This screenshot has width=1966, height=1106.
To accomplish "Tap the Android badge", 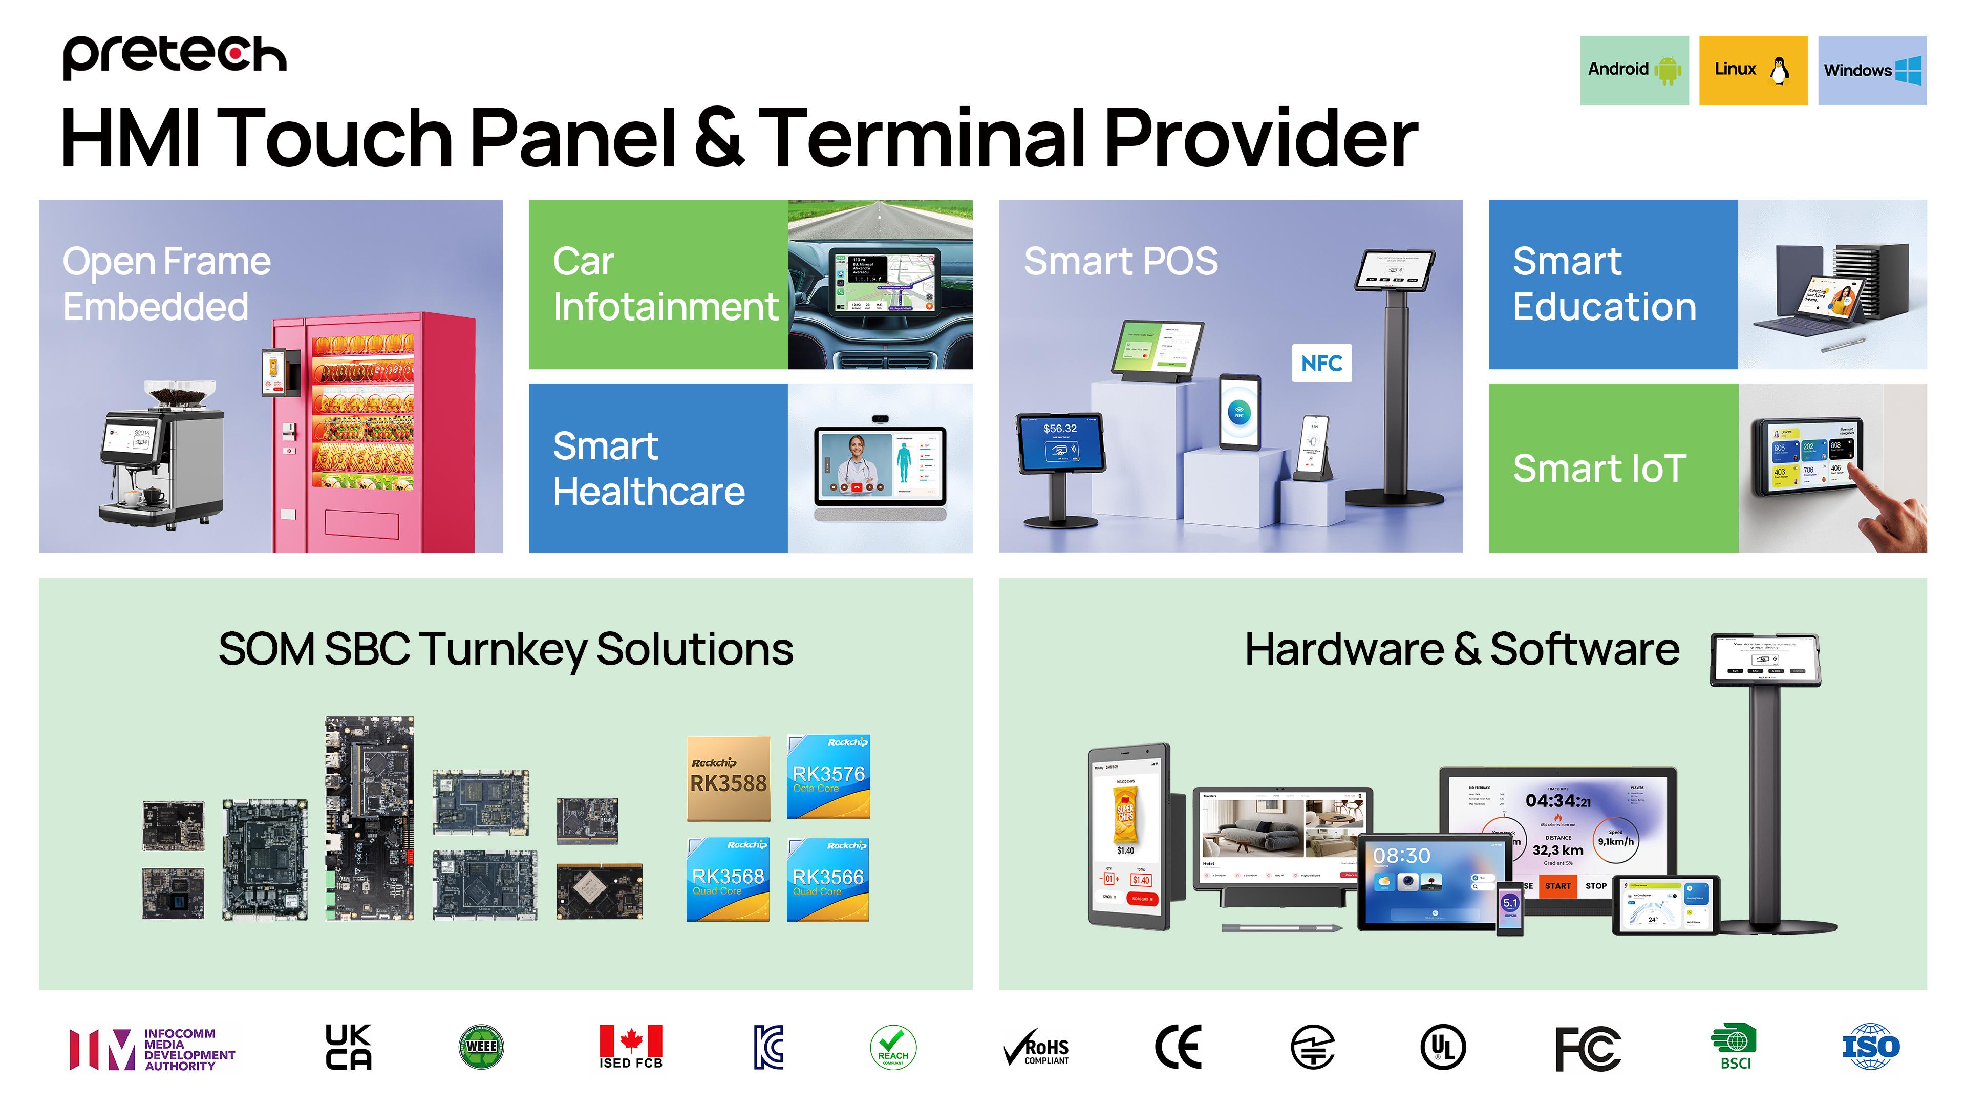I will pos(1633,70).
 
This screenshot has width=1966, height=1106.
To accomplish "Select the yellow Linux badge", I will pos(1753,70).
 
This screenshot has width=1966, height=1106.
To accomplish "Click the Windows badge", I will pos(1871,70).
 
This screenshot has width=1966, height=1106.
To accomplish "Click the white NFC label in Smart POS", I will pos(1321,364).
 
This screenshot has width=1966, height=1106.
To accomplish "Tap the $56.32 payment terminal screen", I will pos(1060,443).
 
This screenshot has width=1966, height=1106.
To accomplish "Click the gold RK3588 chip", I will pos(728,778).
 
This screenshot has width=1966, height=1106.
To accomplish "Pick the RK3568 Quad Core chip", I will pos(728,879).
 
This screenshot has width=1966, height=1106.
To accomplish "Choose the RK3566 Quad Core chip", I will pos(828,879).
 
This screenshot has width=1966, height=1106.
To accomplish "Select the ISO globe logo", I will pos(1871,1047).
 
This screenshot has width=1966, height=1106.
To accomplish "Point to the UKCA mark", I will pos(348,1047).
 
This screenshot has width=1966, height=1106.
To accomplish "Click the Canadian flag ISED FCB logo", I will pos(630,1047).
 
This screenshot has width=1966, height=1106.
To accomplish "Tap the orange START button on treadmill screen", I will pos(1557,886).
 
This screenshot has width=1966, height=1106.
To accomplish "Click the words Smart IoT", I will pos(1599,468).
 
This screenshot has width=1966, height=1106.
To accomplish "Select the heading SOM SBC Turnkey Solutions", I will pos(505,650).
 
